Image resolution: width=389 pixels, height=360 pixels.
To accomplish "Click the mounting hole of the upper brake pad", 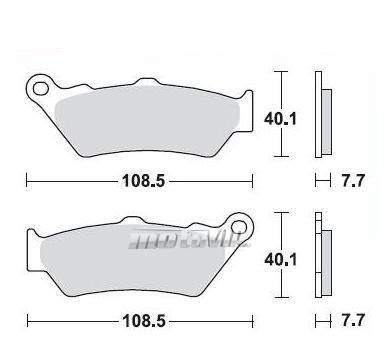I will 42,88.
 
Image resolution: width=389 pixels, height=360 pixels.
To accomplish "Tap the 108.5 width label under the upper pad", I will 140,183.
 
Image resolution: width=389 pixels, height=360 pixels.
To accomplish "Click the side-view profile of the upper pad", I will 321,116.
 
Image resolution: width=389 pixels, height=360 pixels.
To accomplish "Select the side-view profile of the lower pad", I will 321,256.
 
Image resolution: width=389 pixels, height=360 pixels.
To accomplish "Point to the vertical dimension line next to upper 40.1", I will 283,115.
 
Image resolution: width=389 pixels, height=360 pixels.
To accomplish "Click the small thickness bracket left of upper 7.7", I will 320,182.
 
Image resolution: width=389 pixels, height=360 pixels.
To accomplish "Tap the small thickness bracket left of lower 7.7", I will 320,323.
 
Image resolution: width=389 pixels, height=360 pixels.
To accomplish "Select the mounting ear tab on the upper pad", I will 38,84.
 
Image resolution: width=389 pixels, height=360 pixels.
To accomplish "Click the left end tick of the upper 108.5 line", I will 27,182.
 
